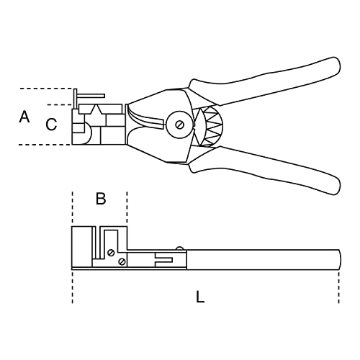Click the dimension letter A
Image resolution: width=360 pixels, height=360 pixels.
coord(24,116)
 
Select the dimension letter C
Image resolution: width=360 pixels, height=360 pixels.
coord(51,125)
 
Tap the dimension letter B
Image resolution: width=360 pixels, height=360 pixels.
coord(101,198)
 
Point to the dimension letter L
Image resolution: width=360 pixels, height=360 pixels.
coord(200,296)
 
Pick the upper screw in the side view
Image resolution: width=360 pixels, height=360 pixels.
coord(110,252)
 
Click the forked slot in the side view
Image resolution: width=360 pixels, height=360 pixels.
coord(165,258)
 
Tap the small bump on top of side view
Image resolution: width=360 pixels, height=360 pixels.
coord(181,249)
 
